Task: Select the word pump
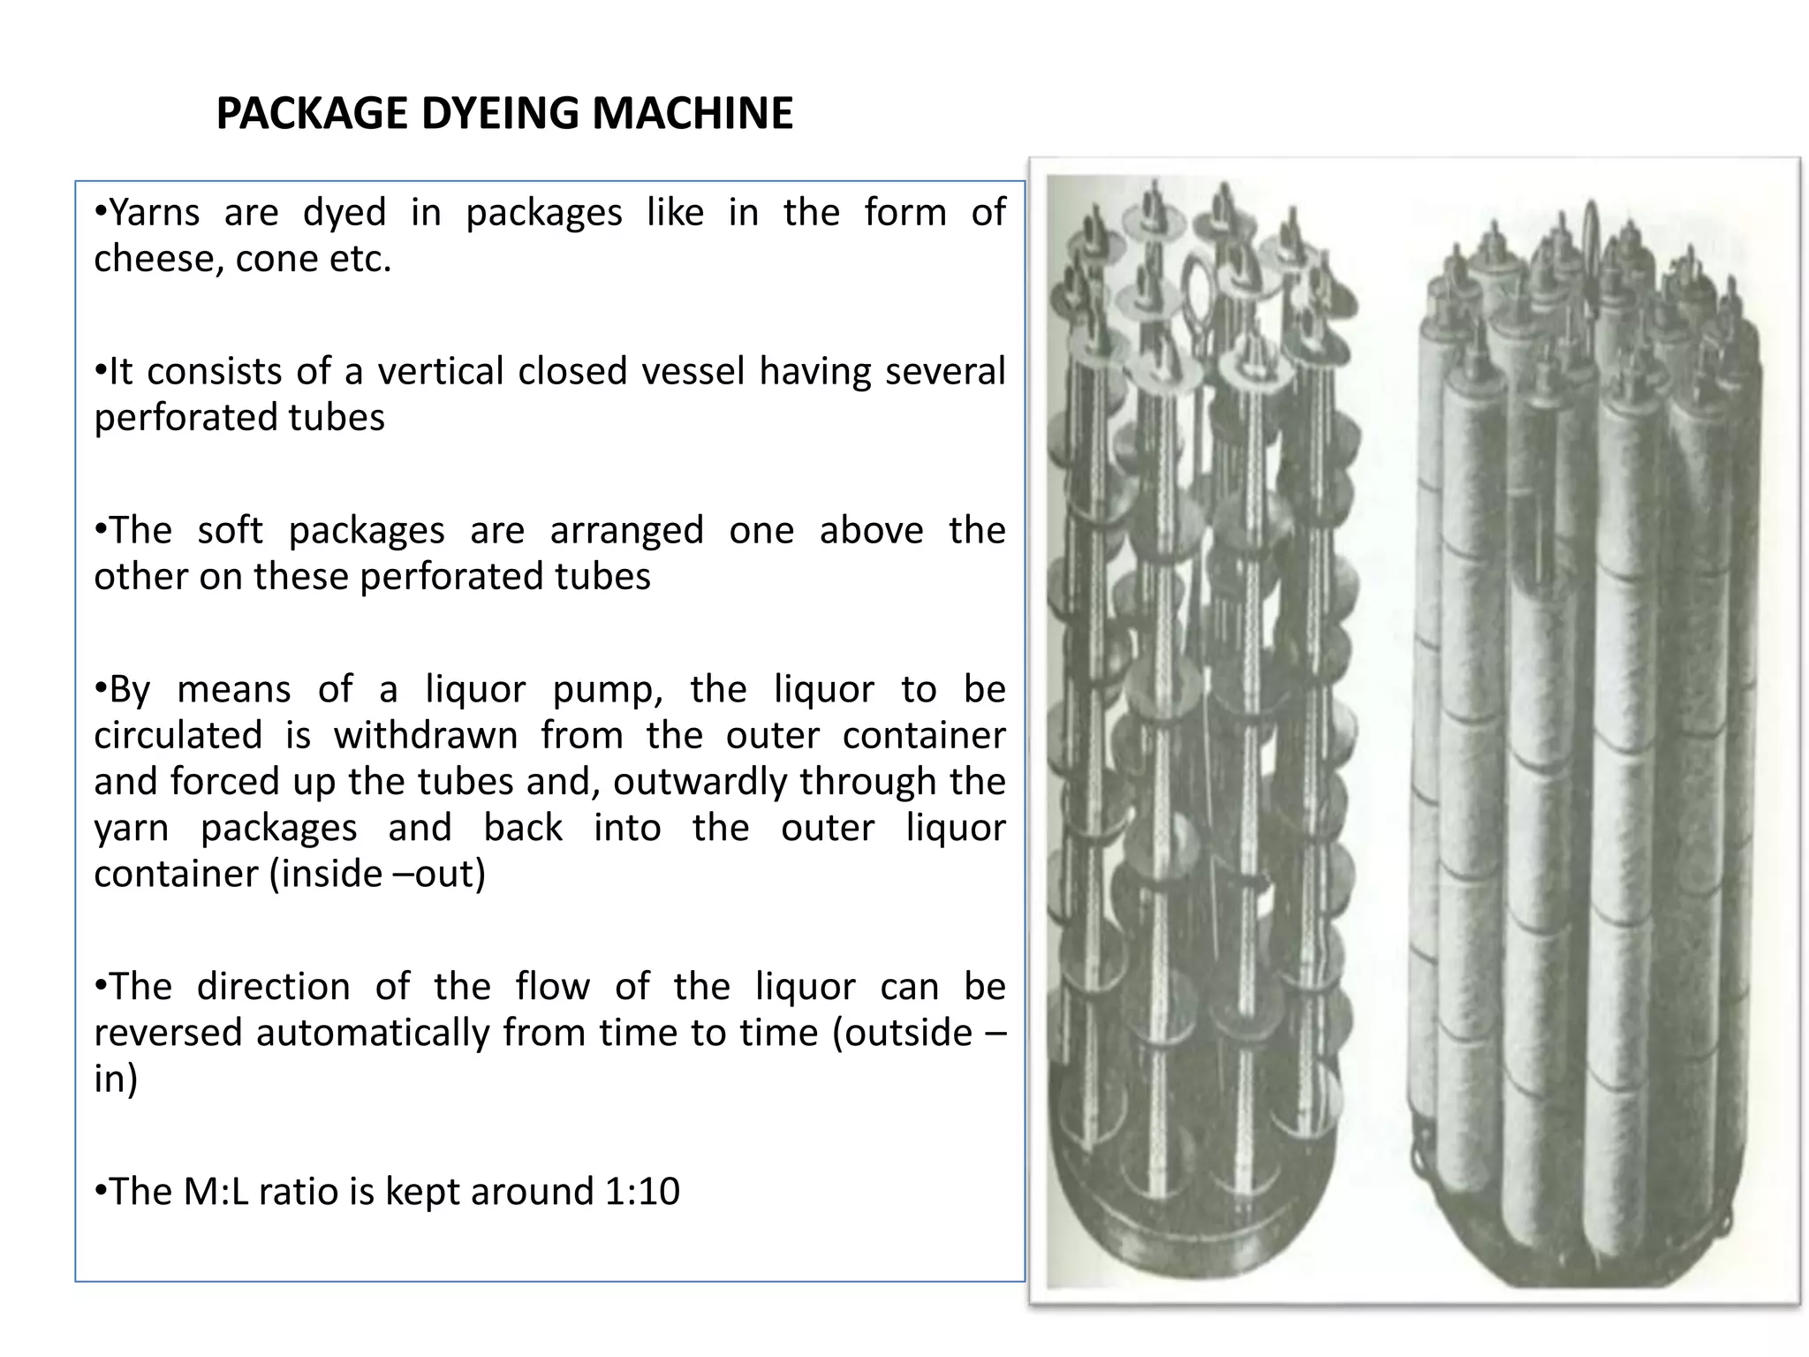[607, 690]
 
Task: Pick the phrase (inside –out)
[377, 874]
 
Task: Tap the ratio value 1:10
[642, 1192]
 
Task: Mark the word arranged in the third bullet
[626, 531]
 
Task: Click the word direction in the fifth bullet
[273, 987]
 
